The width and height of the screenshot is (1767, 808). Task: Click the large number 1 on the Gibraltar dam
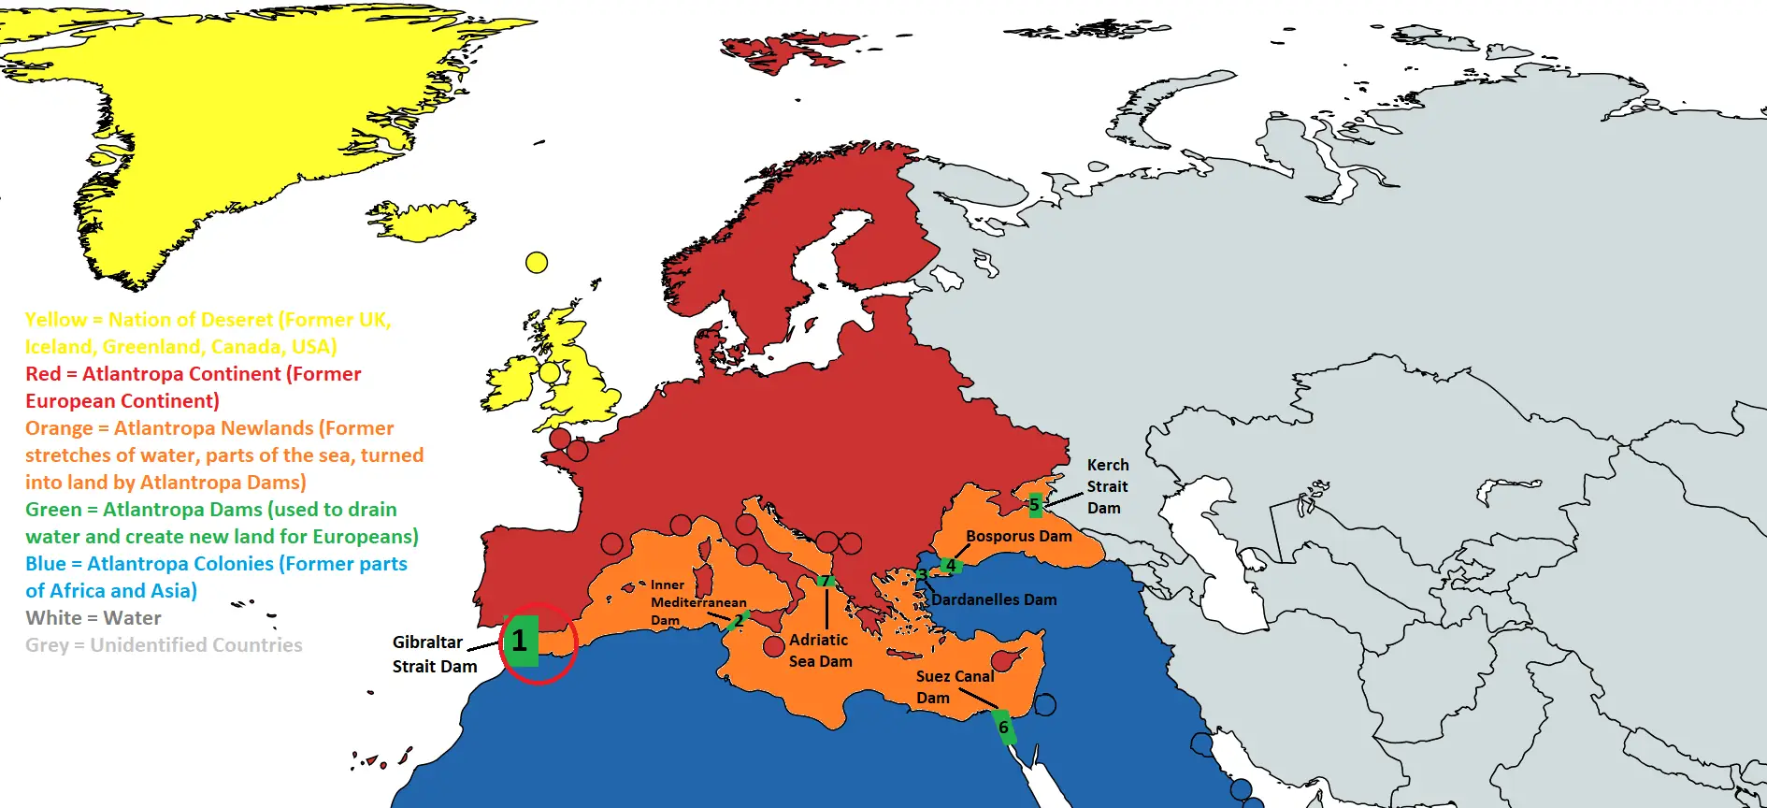(x=519, y=641)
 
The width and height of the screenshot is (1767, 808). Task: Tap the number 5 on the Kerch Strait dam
(x=1034, y=505)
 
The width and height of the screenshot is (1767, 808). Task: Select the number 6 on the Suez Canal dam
(x=1003, y=728)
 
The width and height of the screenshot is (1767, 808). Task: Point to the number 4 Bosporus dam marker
(x=951, y=566)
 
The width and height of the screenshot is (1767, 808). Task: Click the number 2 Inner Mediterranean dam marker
(x=739, y=620)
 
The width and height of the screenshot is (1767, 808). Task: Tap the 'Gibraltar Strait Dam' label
(x=434, y=655)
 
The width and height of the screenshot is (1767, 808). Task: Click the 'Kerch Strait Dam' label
(x=1107, y=486)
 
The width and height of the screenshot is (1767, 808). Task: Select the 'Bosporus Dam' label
(x=1019, y=536)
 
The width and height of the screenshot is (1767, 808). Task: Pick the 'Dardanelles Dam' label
(x=994, y=599)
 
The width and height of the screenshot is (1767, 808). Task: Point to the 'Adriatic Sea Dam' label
(x=820, y=651)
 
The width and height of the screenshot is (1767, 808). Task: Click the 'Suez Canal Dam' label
(x=954, y=686)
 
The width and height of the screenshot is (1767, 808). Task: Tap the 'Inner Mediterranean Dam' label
(x=697, y=602)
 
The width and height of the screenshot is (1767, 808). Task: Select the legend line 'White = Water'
(x=93, y=618)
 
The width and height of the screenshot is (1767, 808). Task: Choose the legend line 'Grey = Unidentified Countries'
(x=164, y=645)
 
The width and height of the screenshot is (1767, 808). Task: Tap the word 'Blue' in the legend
(x=46, y=564)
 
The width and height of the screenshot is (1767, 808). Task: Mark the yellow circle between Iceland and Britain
(x=537, y=263)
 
